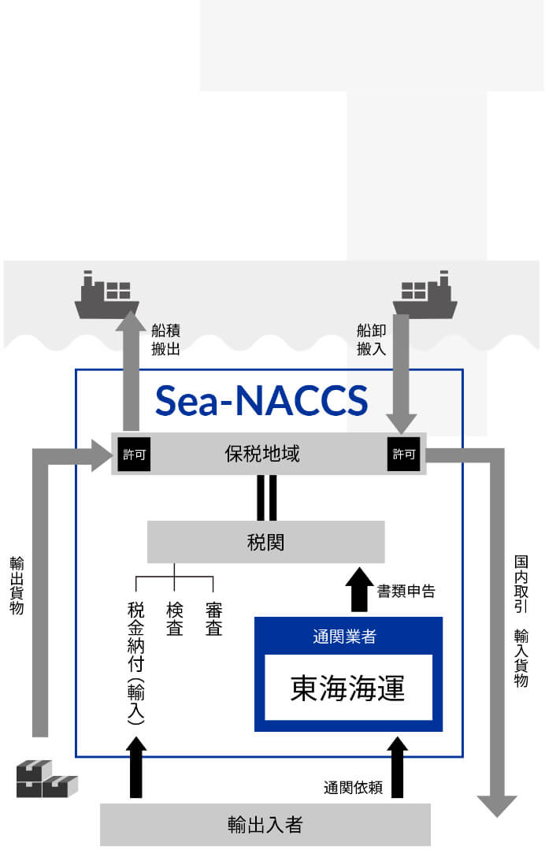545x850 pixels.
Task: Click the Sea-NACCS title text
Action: tap(261, 400)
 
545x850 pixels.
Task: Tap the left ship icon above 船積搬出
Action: tap(107, 295)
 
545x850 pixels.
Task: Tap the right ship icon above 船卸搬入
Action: tap(425, 295)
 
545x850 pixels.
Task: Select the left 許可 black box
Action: tap(134, 455)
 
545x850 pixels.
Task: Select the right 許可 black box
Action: tap(403, 455)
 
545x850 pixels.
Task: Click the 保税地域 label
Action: tap(262, 454)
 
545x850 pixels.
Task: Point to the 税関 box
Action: tap(265, 542)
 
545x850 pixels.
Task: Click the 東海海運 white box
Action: tap(348, 688)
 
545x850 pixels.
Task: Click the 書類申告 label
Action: tap(406, 591)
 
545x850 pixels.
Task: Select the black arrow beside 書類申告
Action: tap(359, 589)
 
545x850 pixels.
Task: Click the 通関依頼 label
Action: tap(353, 787)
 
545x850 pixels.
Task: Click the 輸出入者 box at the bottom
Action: tap(265, 825)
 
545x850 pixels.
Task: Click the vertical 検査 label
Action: tap(175, 619)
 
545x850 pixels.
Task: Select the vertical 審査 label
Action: tap(213, 619)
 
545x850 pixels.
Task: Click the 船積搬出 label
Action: tap(165, 339)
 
